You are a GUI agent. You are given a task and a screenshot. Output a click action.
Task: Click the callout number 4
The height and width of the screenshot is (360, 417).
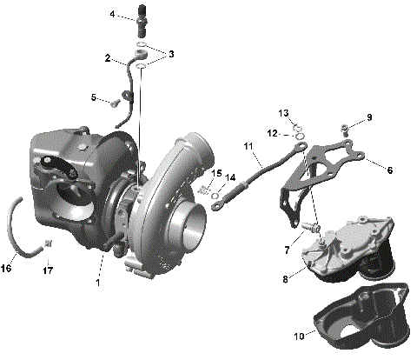113,15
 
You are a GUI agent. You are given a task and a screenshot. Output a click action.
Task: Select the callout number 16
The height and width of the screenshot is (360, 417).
7,268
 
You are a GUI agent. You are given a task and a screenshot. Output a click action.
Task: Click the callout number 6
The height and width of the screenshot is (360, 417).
390,170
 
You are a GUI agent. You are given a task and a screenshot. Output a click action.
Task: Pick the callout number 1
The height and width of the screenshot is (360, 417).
98,283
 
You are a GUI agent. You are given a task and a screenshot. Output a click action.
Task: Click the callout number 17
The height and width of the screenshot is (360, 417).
48,270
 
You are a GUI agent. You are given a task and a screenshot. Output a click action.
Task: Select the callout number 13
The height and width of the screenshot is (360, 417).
284,114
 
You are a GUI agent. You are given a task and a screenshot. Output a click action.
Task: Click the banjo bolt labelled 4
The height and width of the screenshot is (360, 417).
142,18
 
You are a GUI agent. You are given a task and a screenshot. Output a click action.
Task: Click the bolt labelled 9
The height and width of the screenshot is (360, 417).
347,130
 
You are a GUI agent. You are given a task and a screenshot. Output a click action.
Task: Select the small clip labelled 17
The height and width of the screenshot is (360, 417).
49,241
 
